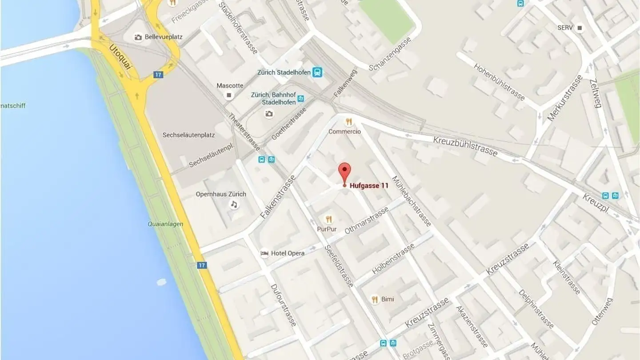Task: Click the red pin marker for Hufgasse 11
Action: tap(344, 172)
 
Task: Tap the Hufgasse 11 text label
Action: tap(369, 186)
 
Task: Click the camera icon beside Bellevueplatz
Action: tap(138, 37)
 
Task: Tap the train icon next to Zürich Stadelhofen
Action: tap(317, 72)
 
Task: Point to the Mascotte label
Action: tap(230, 85)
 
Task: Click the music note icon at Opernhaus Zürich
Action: tap(234, 204)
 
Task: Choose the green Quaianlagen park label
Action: tap(165, 224)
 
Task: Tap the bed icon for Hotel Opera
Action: tap(264, 253)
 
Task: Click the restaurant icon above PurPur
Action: tap(329, 219)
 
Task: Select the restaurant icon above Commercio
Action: tap(349, 121)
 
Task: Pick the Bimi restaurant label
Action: tap(388, 299)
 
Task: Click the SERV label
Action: tap(565, 28)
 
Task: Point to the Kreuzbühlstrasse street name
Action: tap(465, 146)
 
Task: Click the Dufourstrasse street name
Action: tap(283, 305)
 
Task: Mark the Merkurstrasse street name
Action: tap(564, 98)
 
